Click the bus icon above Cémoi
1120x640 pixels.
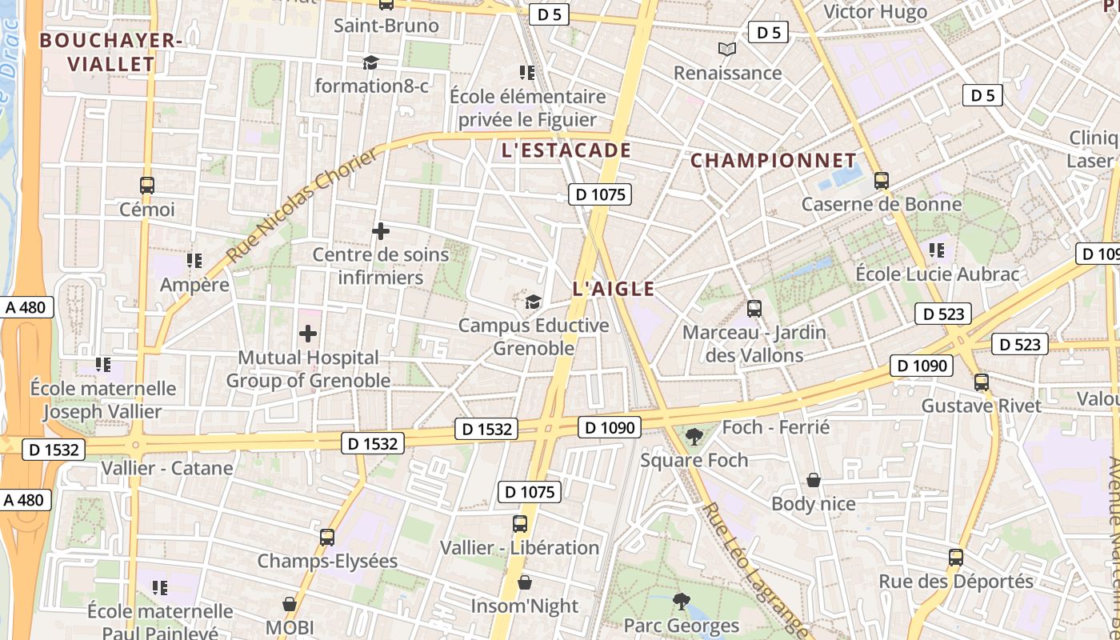coord(147,186)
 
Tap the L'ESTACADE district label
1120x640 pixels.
coord(566,150)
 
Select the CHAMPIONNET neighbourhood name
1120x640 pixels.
coord(773,161)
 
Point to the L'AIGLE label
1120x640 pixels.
coord(614,289)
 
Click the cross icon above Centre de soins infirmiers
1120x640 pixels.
coord(381,232)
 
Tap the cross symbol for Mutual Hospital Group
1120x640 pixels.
coord(308,334)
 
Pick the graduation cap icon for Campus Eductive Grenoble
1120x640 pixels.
coord(533,302)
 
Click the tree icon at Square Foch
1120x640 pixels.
coord(694,437)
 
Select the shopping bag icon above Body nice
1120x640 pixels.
coord(814,480)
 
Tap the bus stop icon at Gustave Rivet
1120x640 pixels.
coord(982,382)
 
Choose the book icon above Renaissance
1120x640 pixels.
coord(726,50)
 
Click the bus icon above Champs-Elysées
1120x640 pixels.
coord(327,538)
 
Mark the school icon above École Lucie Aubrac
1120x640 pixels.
coord(938,250)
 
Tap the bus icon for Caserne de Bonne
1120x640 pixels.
coord(882,181)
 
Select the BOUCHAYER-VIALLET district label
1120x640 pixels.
coord(107,52)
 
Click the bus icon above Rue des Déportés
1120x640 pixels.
coord(956,558)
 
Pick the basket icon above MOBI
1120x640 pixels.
coord(290,604)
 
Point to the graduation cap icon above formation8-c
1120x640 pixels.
coord(370,62)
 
